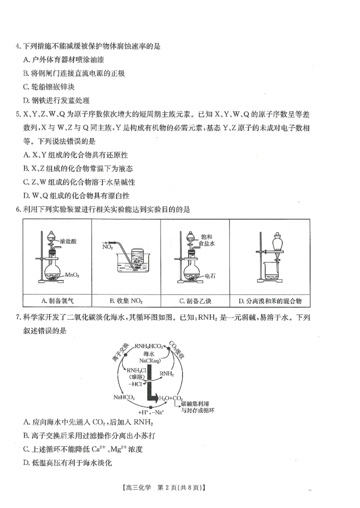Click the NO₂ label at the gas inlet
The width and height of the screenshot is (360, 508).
108,246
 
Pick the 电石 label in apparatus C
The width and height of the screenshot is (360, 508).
210,276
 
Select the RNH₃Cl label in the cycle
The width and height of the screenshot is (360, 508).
137,370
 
